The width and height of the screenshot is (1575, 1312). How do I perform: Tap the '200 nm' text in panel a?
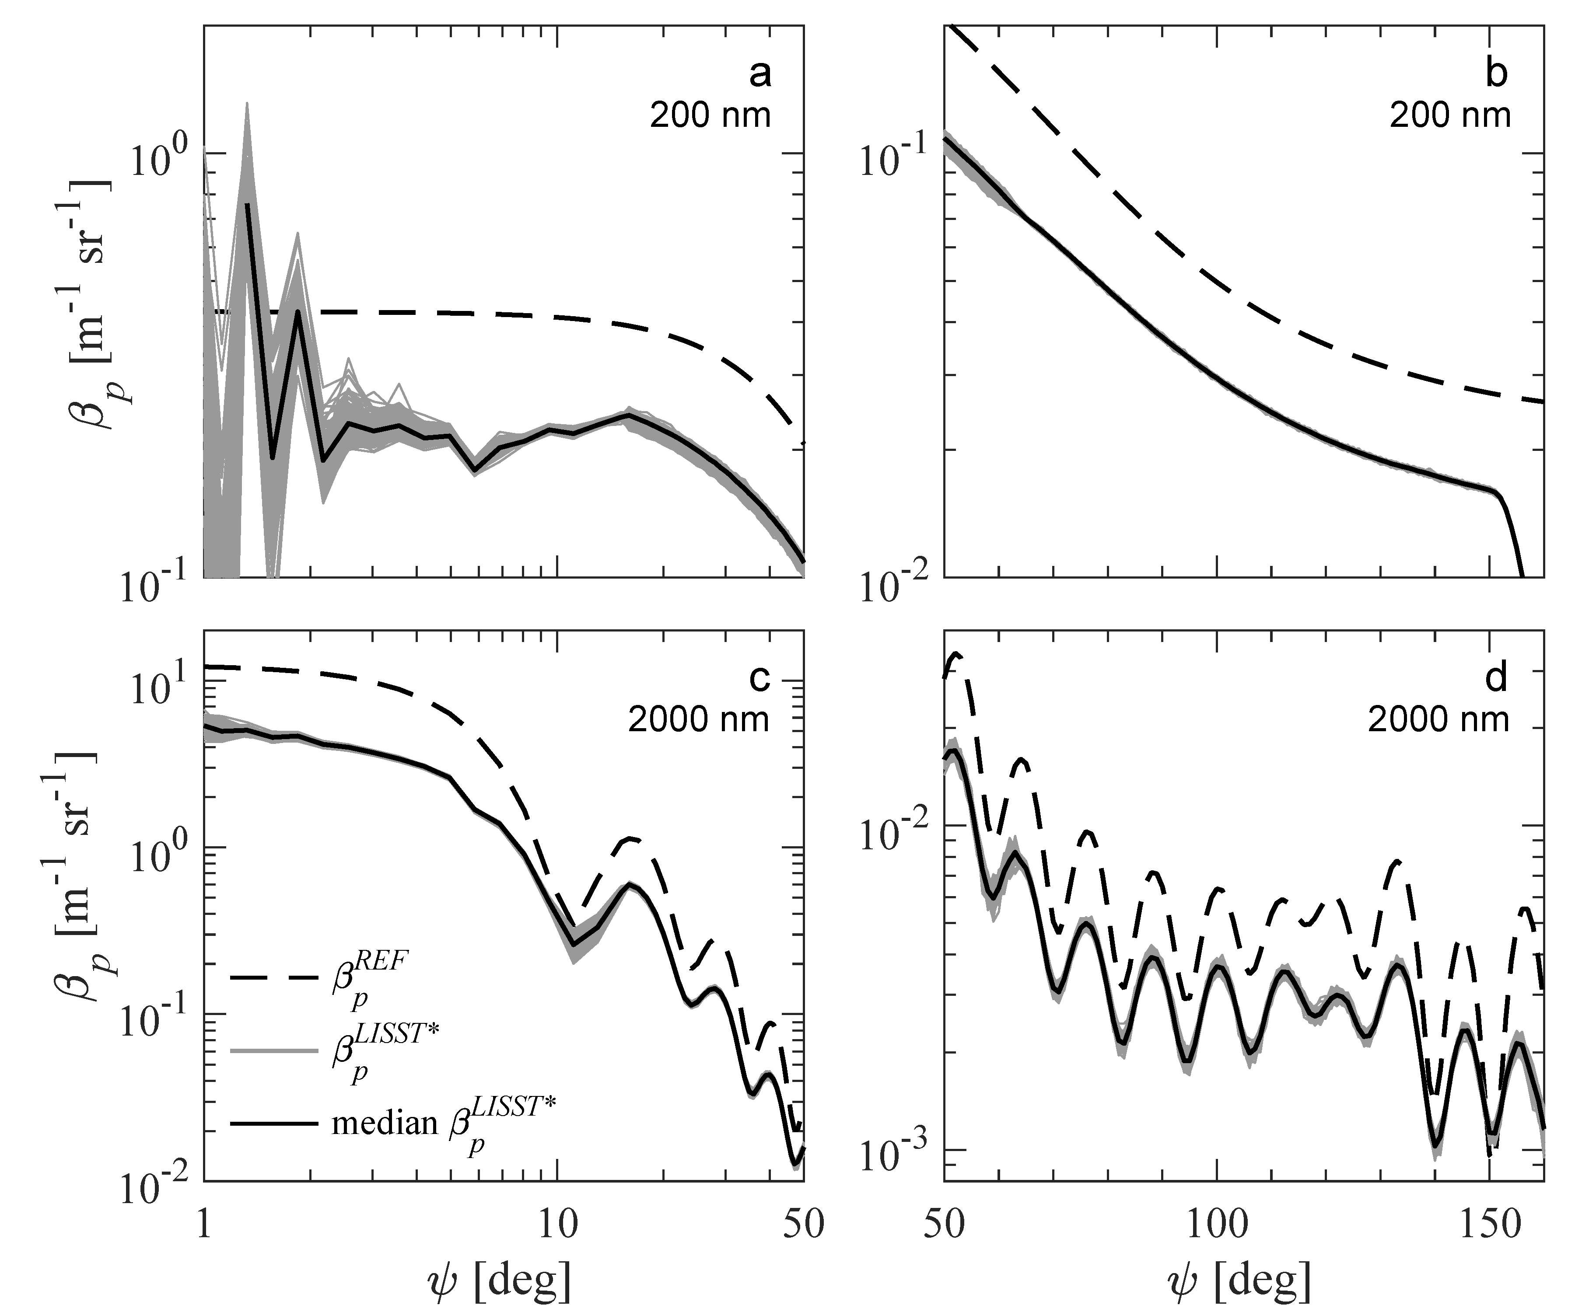point(710,116)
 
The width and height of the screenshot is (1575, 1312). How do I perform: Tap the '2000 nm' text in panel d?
point(1438,720)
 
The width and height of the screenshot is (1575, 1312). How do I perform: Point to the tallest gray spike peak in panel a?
point(247,105)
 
